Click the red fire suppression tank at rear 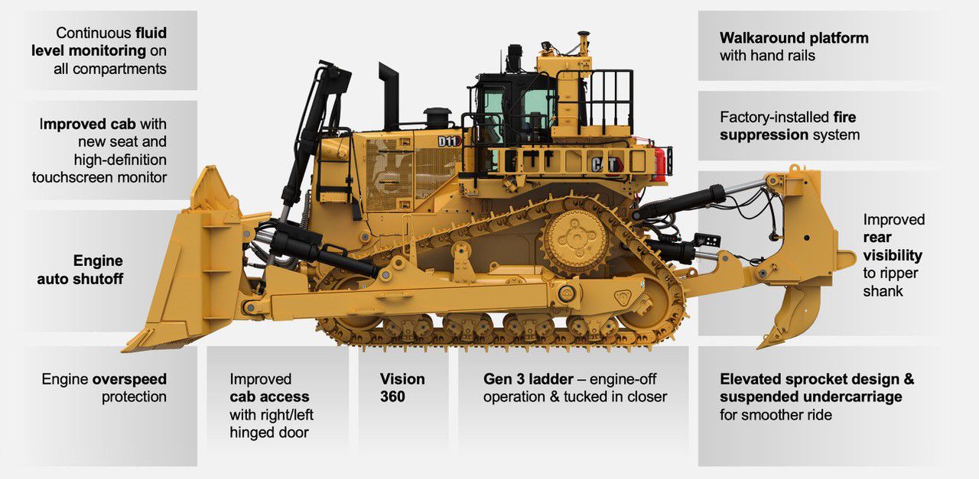pyautogui.click(x=659, y=165)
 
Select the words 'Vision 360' pyautogui.click(x=402, y=387)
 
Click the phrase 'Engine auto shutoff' pyautogui.click(x=80, y=270)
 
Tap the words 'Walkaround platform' pyautogui.click(x=794, y=37)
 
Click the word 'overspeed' pyautogui.click(x=129, y=379)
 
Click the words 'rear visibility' pyautogui.click(x=893, y=246)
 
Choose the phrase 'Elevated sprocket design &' pyautogui.click(x=817, y=379)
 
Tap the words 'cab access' pyautogui.click(x=269, y=396)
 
